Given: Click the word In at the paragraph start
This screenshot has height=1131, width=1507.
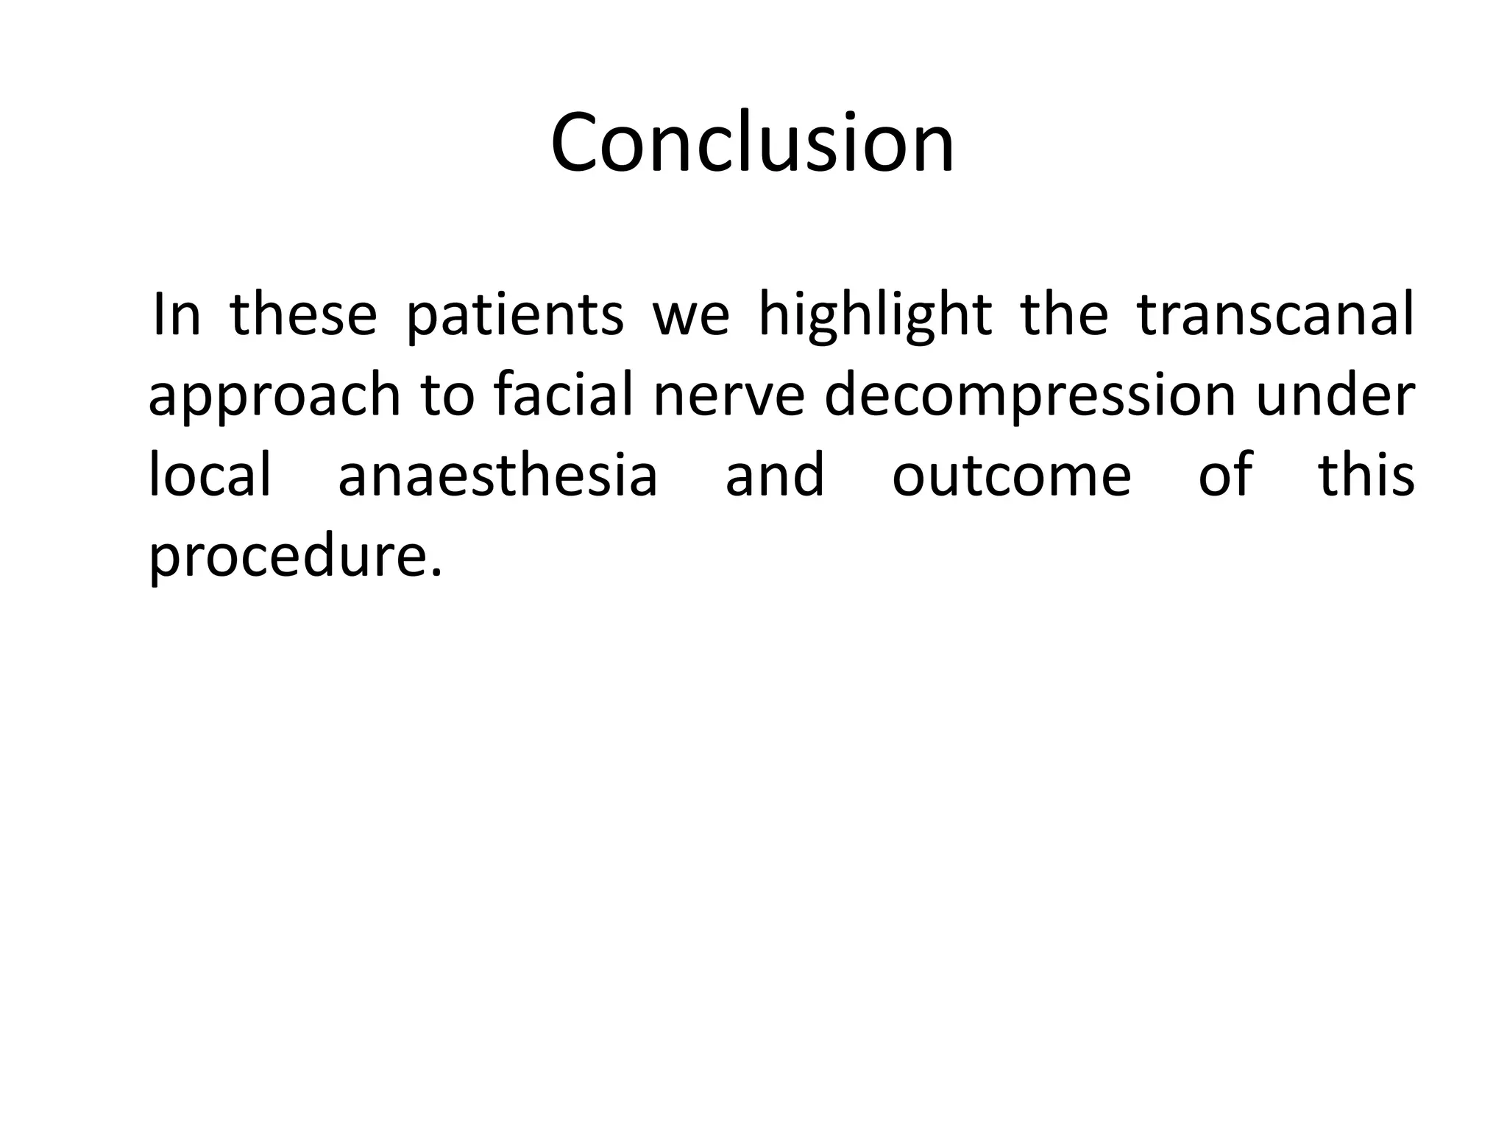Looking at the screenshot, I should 176,315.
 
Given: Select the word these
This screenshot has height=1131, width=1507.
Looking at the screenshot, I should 304,315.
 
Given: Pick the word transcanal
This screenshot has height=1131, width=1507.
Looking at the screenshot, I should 1275,315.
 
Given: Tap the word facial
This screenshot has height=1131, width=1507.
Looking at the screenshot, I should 564,395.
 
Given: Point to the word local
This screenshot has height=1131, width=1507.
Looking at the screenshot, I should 210,474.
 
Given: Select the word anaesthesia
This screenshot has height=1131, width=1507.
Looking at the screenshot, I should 497,474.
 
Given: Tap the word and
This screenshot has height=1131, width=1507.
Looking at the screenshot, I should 775,474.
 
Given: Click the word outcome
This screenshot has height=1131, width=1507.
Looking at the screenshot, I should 1012,476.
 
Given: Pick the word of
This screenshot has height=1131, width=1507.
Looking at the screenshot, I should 1225,474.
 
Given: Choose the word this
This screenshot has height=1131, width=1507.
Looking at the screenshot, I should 1366,474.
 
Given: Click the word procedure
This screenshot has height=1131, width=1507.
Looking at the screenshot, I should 294,557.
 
